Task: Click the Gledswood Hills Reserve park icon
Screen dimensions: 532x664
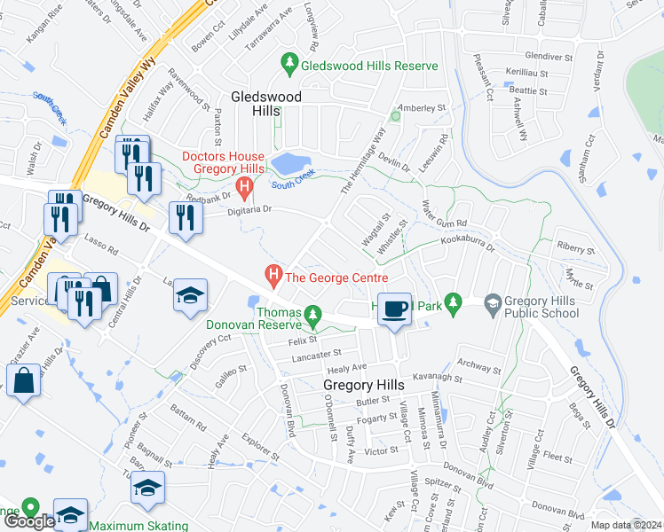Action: tap(289, 64)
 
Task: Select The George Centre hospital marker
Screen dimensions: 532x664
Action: tap(274, 277)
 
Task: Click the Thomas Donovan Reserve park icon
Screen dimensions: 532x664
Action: tap(312, 314)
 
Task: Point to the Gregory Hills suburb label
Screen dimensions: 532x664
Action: tap(363, 385)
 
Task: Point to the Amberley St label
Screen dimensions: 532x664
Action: tap(422, 108)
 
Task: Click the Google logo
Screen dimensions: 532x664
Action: tap(29, 521)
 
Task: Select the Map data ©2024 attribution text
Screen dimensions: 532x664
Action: tap(626, 525)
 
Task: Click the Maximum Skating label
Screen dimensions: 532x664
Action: tap(138, 526)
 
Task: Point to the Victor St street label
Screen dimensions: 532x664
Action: tap(381, 450)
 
